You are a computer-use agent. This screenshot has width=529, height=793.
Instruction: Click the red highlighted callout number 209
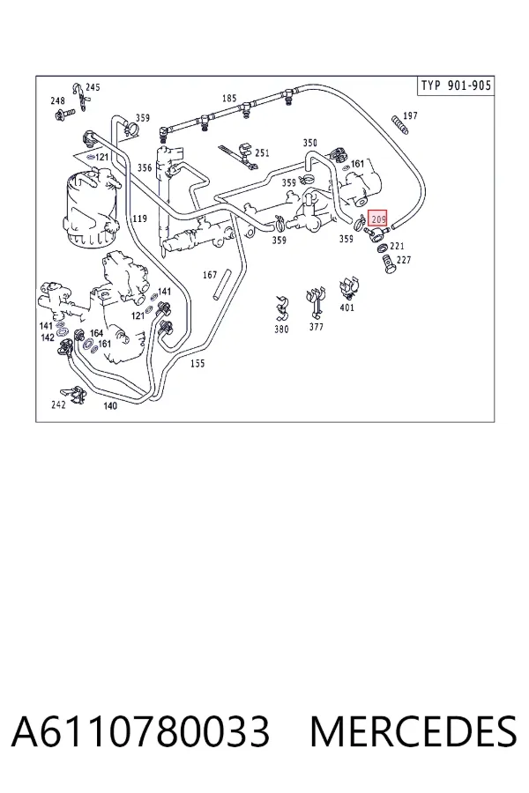click(x=377, y=219)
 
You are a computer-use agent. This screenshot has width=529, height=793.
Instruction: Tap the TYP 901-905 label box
click(x=456, y=85)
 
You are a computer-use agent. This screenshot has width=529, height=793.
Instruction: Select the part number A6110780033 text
click(x=140, y=731)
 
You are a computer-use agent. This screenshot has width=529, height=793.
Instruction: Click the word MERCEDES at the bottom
click(x=414, y=731)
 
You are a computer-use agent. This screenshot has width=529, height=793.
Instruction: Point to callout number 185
click(x=229, y=98)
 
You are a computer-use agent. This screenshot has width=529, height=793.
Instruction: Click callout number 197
click(x=410, y=115)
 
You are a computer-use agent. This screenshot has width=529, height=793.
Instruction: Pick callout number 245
click(x=93, y=87)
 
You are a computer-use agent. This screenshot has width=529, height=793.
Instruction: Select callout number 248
click(x=57, y=101)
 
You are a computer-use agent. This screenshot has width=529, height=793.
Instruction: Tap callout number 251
click(x=262, y=152)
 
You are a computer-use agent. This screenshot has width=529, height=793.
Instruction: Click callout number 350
click(x=309, y=143)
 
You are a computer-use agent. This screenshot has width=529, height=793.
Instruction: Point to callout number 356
click(x=145, y=167)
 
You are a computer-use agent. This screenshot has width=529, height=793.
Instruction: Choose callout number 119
click(x=139, y=219)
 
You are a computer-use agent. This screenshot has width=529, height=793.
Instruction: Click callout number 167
click(x=210, y=275)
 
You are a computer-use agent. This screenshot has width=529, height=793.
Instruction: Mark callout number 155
click(x=197, y=363)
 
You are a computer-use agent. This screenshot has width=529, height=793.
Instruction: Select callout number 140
click(x=110, y=405)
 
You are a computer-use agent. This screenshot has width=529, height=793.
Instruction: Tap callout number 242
click(x=58, y=404)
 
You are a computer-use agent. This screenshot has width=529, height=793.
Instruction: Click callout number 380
click(x=281, y=330)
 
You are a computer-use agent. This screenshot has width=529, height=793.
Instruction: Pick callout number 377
click(x=316, y=327)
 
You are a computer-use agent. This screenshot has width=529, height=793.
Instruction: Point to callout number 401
click(x=346, y=308)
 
